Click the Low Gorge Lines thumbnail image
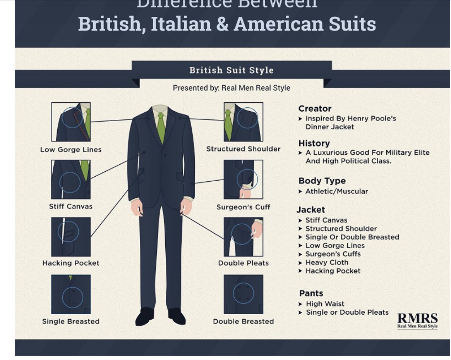tap(71, 122)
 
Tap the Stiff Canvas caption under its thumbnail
tap(71, 207)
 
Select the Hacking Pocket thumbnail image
tap(71, 237)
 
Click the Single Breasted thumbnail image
tap(71, 295)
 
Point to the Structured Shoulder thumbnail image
tap(243, 122)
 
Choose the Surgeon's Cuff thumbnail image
tap(243, 179)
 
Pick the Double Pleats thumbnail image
tap(243, 237)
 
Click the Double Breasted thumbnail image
tap(243, 295)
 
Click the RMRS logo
tap(417, 320)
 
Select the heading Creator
tap(315, 109)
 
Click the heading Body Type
tap(322, 181)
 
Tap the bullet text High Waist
tap(325, 304)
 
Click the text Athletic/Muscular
tap(336, 191)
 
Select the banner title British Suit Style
tap(232, 71)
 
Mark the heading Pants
tap(311, 293)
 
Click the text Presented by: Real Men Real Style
tap(232, 88)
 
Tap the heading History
tap(314, 143)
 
